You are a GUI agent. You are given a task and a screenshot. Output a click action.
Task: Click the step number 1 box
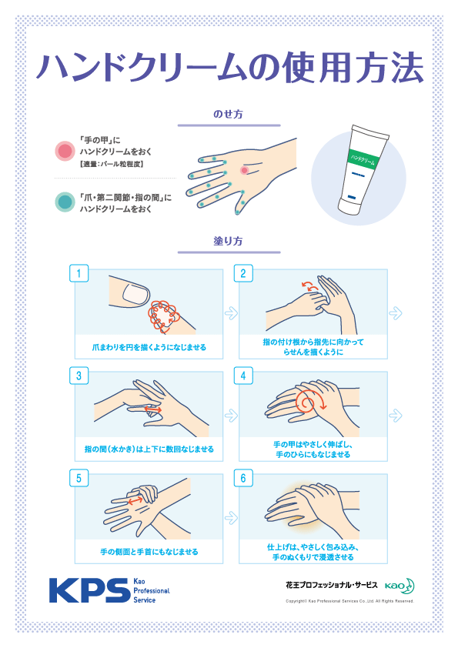pyautogui.click(x=79, y=273)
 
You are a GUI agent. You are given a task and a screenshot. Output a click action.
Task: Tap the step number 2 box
pyautogui.click(x=243, y=273)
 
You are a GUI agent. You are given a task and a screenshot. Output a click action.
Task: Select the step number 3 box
pyautogui.click(x=79, y=376)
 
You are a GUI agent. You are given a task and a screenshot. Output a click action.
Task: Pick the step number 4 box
pyautogui.click(x=243, y=376)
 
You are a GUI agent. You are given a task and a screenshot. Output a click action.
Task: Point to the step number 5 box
pyautogui.click(x=79, y=478)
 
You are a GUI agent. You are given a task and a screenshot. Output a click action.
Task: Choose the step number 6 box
pyautogui.click(x=243, y=478)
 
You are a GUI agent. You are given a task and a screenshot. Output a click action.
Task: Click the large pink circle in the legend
pyautogui.click(x=65, y=151)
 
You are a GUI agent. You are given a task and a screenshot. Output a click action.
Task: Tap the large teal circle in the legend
pyautogui.click(x=65, y=202)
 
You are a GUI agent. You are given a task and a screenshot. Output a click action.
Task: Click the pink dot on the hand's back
pyautogui.click(x=244, y=170)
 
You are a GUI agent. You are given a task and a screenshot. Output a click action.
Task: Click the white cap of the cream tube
pyautogui.click(x=350, y=206)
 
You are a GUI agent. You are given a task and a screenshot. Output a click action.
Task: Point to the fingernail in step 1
pyautogui.click(x=135, y=294)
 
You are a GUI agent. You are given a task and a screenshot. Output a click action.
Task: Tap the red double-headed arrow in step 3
pyautogui.click(x=153, y=410)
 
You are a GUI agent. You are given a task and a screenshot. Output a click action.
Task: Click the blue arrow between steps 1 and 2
pyautogui.click(x=231, y=313)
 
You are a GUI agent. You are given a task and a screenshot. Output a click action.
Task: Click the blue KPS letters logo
pyautogui.click(x=90, y=590)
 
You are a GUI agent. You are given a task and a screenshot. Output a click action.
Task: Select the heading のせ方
pyautogui.click(x=228, y=114)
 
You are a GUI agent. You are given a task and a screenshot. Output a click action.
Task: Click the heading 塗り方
pyautogui.click(x=228, y=241)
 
